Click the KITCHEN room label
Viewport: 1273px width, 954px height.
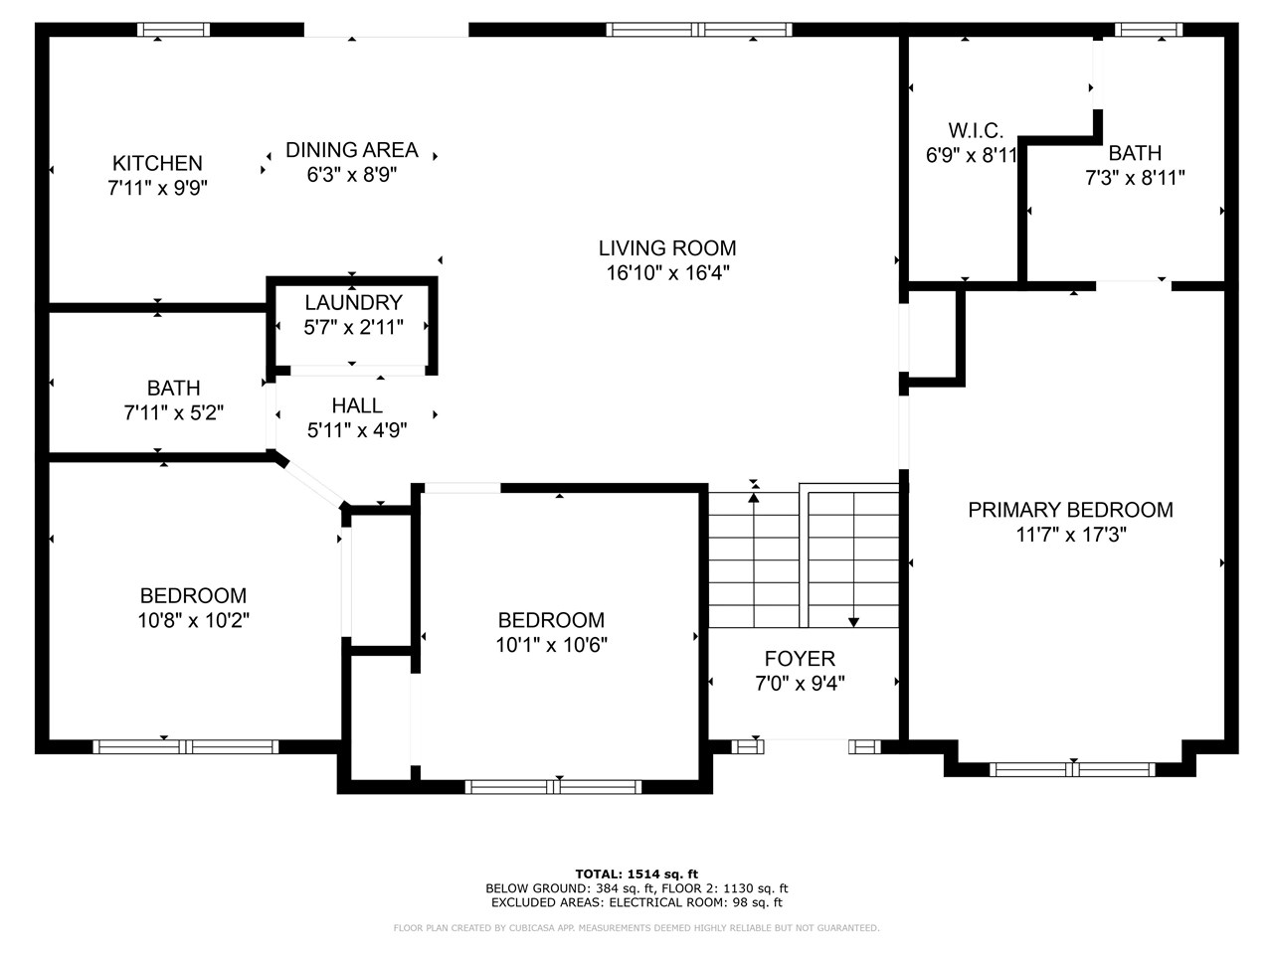(157, 163)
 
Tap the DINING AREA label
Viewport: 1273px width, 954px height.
(351, 150)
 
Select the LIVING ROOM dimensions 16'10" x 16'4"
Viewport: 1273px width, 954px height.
(667, 273)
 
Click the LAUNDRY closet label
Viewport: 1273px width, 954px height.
(353, 302)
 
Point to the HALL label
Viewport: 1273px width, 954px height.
(357, 405)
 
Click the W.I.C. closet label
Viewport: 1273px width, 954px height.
(975, 130)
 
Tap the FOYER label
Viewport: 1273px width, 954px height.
(800, 658)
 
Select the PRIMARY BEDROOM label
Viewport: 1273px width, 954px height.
(1070, 510)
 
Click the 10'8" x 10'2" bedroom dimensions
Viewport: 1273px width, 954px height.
(193, 620)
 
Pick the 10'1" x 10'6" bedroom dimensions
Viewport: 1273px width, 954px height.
(551, 645)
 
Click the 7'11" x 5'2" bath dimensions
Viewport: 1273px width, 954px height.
(173, 412)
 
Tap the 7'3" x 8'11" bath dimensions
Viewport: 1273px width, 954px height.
(1135, 178)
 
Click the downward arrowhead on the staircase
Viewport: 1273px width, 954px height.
(853, 622)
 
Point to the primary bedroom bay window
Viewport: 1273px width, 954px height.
(1072, 768)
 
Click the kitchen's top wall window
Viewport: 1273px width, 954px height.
(173, 30)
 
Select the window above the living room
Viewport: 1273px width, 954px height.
(699, 30)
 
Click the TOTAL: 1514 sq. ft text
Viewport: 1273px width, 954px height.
(636, 874)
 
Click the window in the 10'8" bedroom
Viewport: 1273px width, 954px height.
(185, 745)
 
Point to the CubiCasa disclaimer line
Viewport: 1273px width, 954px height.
(636, 928)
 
